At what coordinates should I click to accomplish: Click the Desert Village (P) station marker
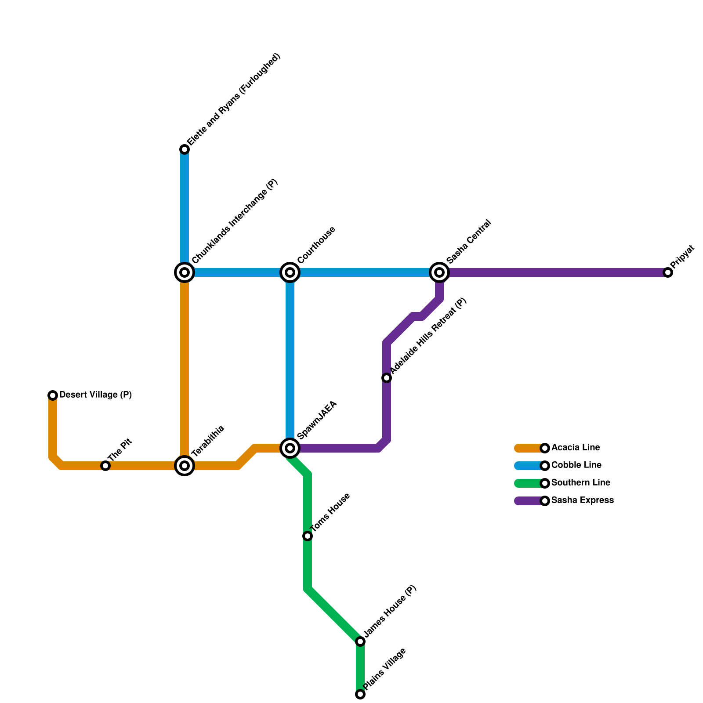53,395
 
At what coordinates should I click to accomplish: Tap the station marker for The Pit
105,466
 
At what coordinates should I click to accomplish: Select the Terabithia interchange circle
185,466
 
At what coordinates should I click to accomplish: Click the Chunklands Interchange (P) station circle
185,272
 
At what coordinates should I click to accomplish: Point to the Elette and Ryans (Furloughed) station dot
185,150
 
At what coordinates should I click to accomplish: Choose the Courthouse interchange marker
290,272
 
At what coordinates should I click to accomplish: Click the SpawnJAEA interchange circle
290,448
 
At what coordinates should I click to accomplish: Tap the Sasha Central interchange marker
439,272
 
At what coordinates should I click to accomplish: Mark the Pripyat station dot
668,272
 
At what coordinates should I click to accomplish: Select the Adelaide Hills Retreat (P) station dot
387,378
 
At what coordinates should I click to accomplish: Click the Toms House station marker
308,536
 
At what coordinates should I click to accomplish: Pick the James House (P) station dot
360,641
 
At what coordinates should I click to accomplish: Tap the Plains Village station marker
360,694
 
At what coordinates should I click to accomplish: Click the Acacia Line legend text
576,448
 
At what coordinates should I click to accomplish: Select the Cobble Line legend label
576,465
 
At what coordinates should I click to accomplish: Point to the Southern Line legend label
580,483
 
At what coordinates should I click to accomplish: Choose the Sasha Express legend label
582,500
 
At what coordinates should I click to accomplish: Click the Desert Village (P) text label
95,395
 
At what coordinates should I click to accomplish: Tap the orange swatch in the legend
528,448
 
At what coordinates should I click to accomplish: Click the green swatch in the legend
528,483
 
